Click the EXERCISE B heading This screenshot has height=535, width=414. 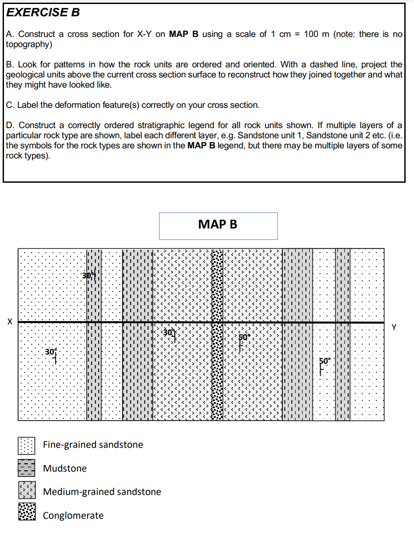pyautogui.click(x=44, y=12)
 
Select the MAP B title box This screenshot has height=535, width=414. pyautogui.click(x=218, y=225)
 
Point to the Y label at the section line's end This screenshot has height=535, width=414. pyautogui.click(x=394, y=327)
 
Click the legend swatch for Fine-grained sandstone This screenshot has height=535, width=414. pyautogui.click(x=26, y=445)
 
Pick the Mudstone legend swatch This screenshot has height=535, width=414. pyautogui.click(x=26, y=468)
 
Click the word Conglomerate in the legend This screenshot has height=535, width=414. pyautogui.click(x=73, y=516)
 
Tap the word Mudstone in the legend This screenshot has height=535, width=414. pyautogui.click(x=65, y=469)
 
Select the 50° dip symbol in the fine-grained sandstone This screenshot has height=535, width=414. pyautogui.click(x=323, y=365)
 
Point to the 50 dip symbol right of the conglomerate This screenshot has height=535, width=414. pyautogui.click(x=243, y=342)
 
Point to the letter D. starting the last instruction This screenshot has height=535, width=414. pyautogui.click(x=11, y=125)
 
